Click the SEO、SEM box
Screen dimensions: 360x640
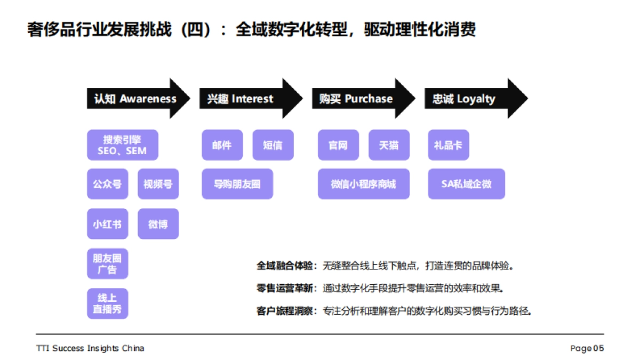click(123, 145)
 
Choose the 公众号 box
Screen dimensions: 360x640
click(107, 184)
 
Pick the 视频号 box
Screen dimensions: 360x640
click(158, 184)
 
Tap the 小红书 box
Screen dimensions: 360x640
click(107, 224)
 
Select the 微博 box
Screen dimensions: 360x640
click(158, 224)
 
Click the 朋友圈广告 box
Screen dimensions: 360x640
click(107, 264)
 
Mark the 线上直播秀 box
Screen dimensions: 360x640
click(107, 304)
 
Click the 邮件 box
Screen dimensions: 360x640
click(222, 145)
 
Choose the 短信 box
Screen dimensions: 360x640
click(273, 145)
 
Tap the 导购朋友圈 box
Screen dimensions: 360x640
click(237, 184)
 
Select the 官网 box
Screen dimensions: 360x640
click(338, 145)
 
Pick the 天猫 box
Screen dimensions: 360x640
click(389, 145)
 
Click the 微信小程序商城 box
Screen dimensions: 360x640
click(363, 184)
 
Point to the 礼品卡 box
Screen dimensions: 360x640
click(448, 145)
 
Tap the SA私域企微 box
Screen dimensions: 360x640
click(466, 184)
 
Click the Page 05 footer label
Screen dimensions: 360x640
click(587, 348)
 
